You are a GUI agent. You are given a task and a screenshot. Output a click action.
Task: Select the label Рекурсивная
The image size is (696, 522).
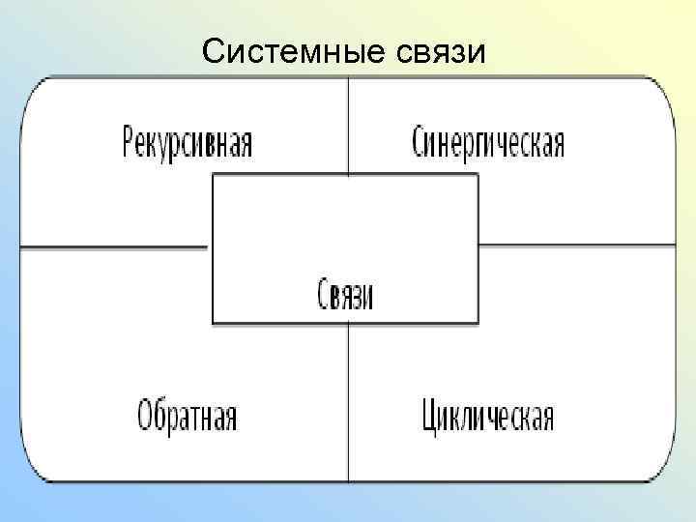pos(187,143)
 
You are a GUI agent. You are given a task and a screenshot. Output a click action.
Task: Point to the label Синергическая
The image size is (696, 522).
pos(488,143)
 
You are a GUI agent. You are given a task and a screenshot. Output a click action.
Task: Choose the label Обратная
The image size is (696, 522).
pos(187,417)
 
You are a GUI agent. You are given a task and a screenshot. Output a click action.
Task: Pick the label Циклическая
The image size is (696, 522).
pos(488,417)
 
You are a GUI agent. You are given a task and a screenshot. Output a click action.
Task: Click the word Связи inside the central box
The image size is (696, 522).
pos(346,294)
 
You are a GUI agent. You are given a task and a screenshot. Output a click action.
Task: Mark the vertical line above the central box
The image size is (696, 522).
pos(348,126)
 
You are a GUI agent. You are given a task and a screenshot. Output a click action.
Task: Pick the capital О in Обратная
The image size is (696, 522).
pos(144,417)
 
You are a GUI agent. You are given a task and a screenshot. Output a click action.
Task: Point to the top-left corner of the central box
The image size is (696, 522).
pos(213,175)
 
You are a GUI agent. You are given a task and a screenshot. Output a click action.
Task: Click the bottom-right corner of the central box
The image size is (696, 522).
pos(478,323)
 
